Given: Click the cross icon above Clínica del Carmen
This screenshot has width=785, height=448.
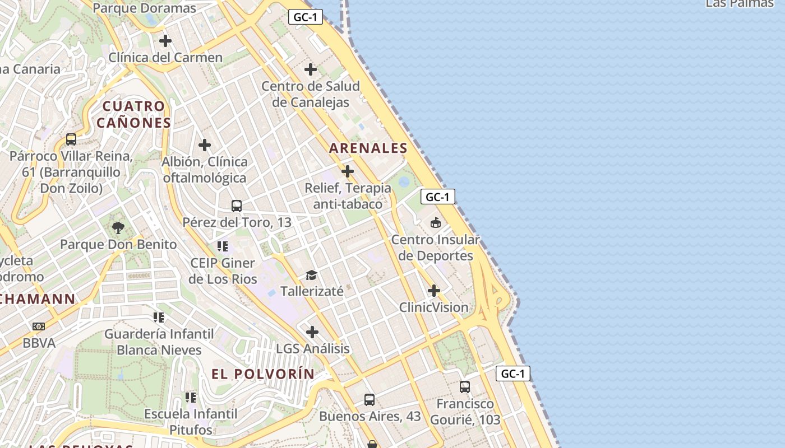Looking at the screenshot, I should tap(165, 41).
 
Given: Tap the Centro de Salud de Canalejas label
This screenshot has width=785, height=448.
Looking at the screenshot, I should tap(311, 94).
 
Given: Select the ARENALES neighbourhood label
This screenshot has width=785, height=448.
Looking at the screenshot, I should tap(368, 148).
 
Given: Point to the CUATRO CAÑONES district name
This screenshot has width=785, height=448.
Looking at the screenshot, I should tap(133, 114).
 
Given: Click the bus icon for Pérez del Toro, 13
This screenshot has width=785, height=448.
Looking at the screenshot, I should tap(237, 206).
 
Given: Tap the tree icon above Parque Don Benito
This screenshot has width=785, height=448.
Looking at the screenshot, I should tap(118, 227).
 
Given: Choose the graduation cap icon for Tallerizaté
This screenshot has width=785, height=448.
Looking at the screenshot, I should tap(311, 275).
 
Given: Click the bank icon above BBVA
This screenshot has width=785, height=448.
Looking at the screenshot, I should tap(38, 326).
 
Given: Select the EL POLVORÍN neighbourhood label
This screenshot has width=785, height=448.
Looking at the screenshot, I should tap(263, 374).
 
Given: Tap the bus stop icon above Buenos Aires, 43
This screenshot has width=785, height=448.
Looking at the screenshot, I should tap(370, 400).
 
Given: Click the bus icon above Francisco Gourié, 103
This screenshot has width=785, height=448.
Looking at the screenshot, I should tap(465, 386).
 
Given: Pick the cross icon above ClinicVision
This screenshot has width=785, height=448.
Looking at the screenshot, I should tap(434, 291).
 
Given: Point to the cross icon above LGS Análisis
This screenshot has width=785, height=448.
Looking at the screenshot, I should tap(312, 332).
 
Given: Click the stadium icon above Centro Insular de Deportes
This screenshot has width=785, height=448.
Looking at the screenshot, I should tap(436, 223).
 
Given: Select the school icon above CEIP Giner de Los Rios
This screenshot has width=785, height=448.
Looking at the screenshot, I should tap(223, 246).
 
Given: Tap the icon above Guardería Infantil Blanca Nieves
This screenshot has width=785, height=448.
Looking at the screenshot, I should tap(159, 318).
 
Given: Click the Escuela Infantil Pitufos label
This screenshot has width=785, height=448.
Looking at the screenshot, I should tap(191, 422).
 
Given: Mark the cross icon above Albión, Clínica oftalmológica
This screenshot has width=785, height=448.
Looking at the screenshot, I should tap(205, 145).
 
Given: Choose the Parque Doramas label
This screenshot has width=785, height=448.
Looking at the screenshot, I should tap(144, 8).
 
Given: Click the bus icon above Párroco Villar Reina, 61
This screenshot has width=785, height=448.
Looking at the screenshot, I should tap(71, 139).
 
